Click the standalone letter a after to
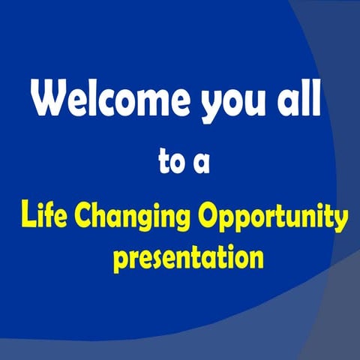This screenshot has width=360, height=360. point(200,166)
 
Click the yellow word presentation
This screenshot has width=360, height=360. point(188,259)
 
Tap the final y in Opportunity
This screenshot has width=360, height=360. point(341,223)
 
